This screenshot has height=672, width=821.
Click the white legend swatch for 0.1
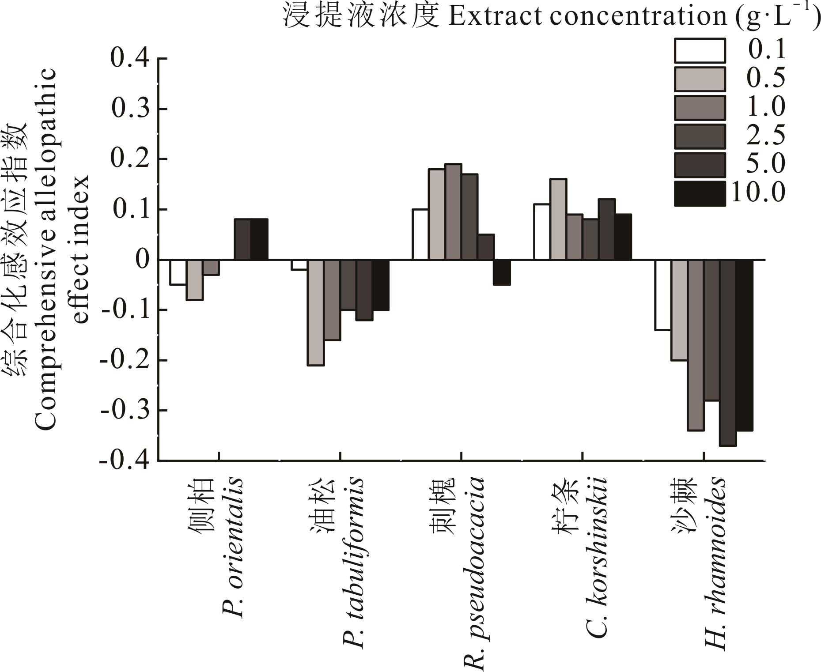coord(700,51)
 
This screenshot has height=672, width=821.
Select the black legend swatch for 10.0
coord(700,194)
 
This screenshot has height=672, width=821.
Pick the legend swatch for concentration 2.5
coord(700,136)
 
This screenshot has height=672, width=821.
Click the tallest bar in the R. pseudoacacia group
coord(453,212)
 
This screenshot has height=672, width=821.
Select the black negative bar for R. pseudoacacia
coord(502,272)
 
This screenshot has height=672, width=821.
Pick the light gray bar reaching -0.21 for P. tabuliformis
coord(316,313)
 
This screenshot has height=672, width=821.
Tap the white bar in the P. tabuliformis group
coord(299,264)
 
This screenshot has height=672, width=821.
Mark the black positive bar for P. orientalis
coord(259,239)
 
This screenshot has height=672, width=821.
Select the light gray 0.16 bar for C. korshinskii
coord(558,219)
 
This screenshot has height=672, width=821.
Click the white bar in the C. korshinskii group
coord(541,232)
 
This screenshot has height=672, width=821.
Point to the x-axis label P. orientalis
coord(232,548)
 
